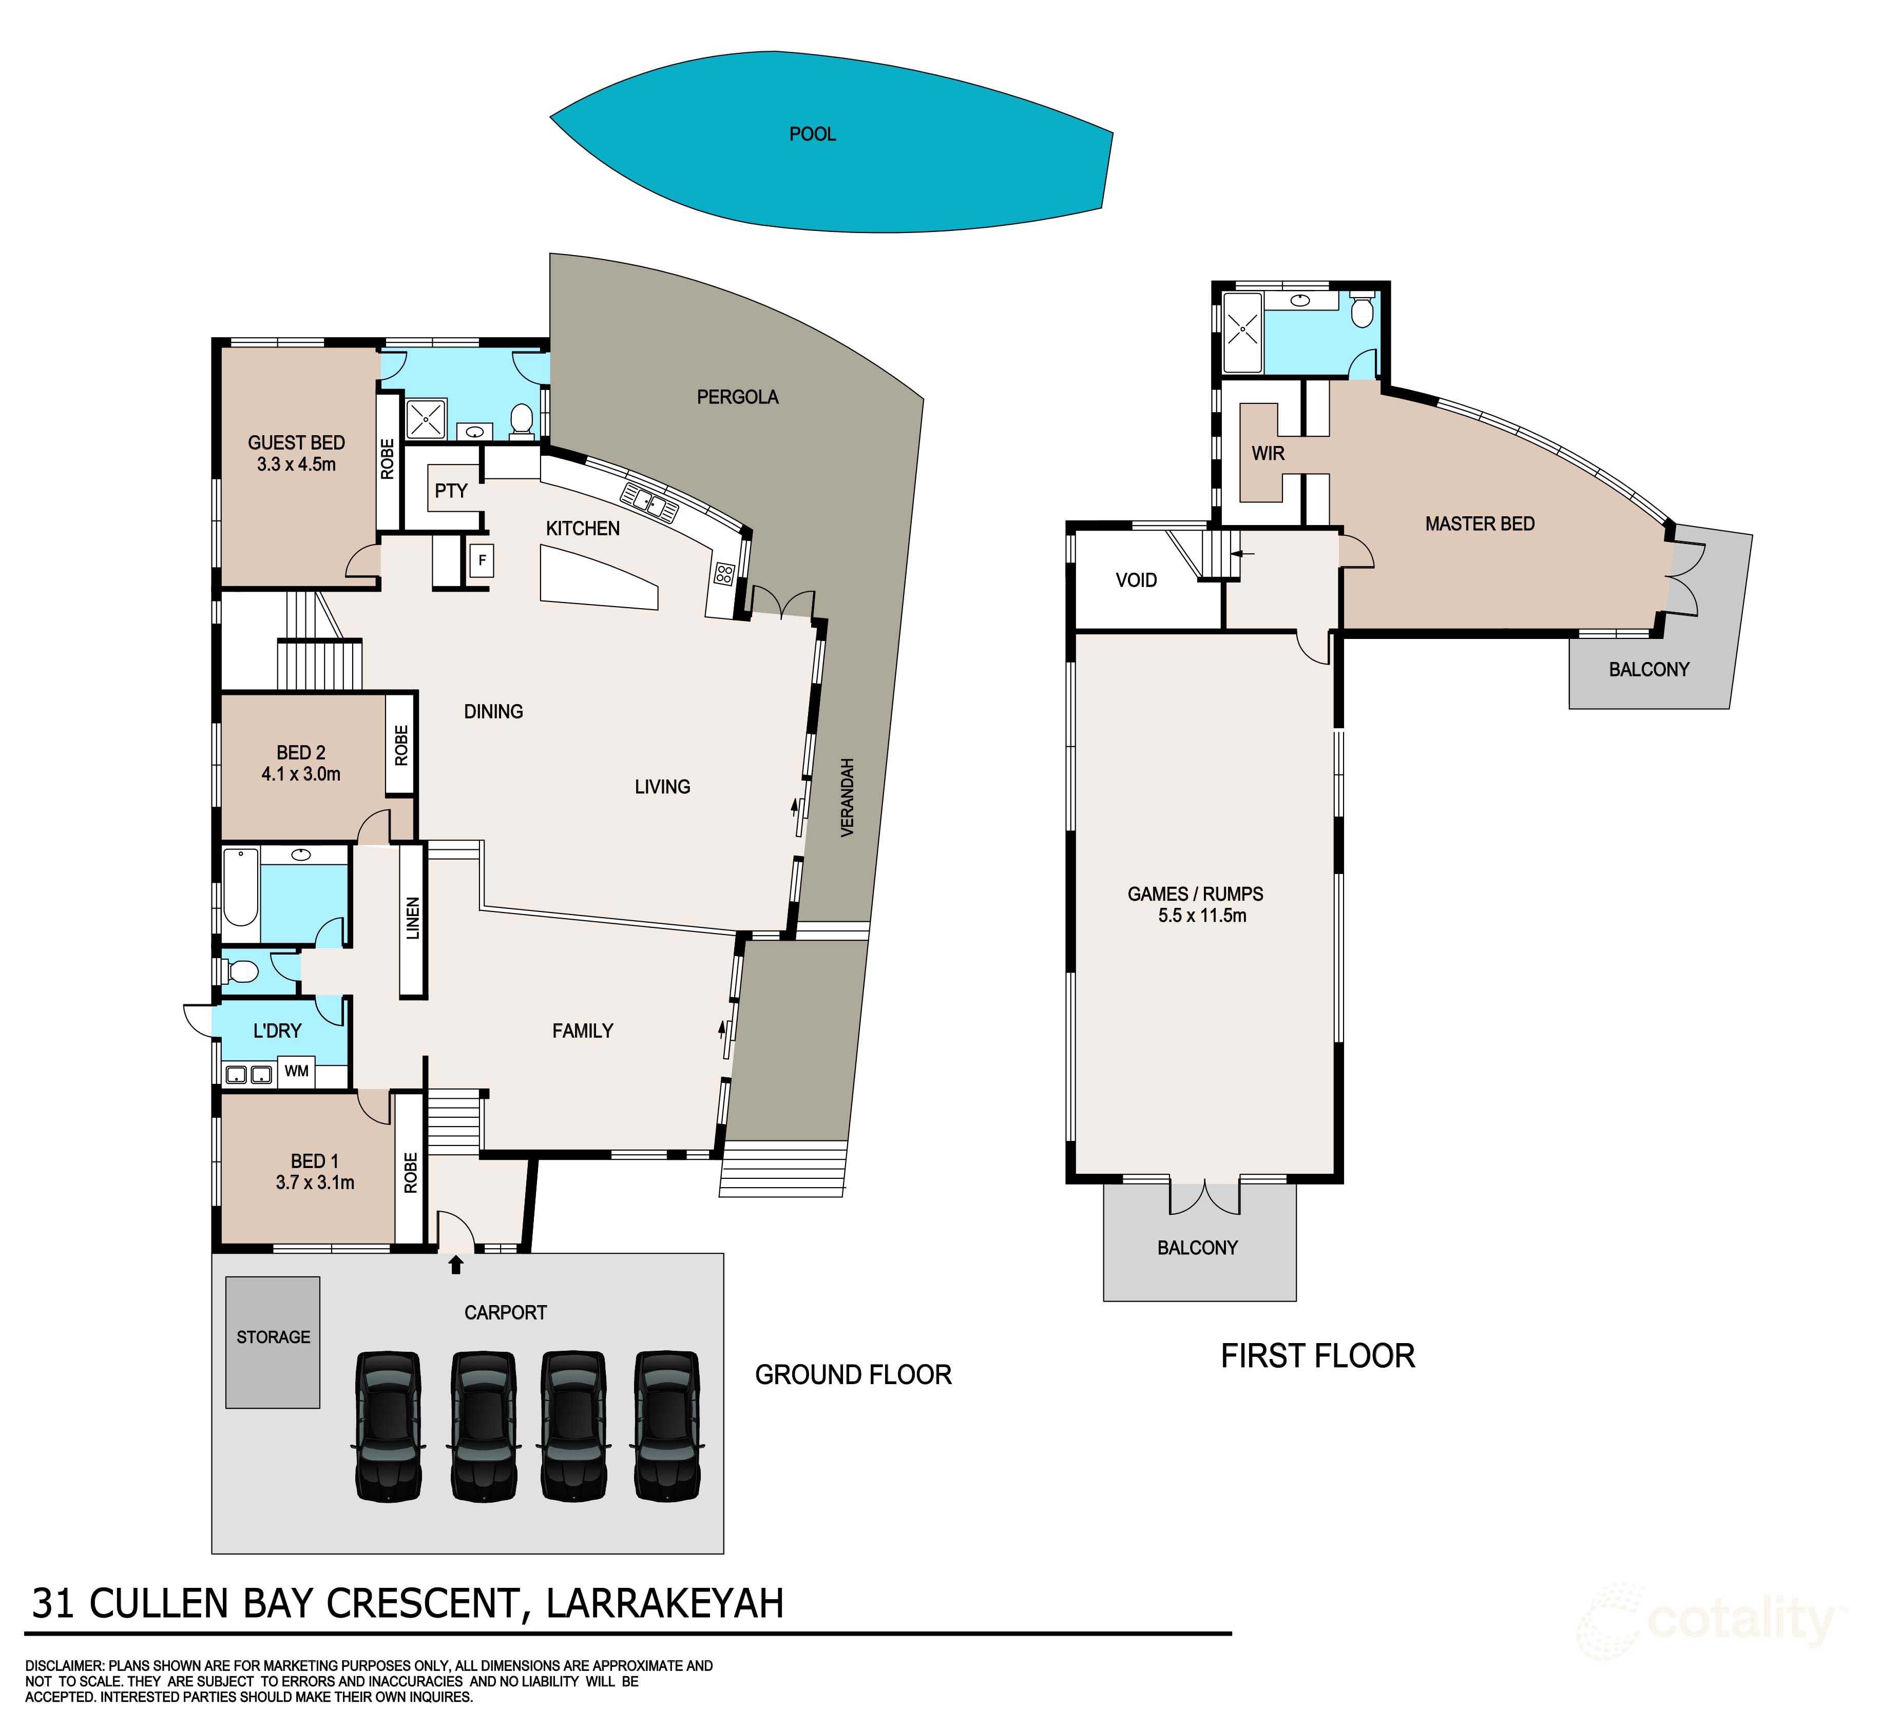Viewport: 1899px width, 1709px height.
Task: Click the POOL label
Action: (812, 134)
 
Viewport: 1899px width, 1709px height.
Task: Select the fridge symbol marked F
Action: (482, 560)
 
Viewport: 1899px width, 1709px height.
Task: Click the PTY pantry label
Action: (451, 490)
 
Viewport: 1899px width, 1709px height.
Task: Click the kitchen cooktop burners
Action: (723, 573)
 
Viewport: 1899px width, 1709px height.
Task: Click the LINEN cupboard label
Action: (412, 918)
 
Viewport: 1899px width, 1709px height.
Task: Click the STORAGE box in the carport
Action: (273, 1341)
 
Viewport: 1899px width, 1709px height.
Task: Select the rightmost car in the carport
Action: (666, 1425)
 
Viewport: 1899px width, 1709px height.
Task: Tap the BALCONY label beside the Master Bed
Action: (1648, 670)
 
